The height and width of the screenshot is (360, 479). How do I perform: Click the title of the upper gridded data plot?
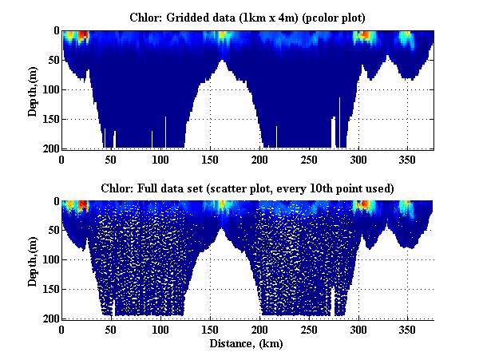247,17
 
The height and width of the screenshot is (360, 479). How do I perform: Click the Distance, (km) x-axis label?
247,343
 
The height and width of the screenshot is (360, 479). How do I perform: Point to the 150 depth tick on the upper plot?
47,120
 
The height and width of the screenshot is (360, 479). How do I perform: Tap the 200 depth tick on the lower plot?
47,318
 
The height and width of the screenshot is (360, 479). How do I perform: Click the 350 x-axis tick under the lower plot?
408,329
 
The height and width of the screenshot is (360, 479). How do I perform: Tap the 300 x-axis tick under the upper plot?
358,158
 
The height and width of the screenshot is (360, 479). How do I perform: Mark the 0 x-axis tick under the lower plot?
62,329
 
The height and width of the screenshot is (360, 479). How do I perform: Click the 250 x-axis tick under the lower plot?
309,329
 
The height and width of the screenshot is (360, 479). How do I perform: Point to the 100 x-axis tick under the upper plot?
161,158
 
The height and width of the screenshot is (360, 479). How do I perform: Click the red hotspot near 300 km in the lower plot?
364,204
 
